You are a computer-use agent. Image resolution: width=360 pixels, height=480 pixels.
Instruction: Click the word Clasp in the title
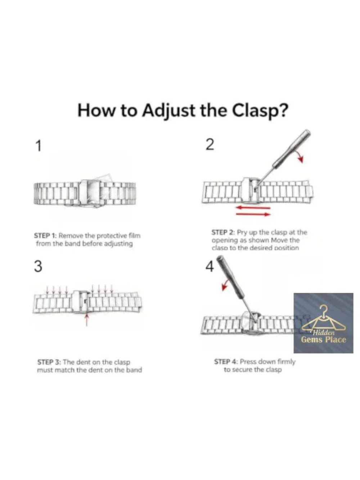click(x=259, y=111)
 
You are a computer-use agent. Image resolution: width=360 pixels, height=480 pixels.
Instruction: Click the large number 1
click(x=39, y=146)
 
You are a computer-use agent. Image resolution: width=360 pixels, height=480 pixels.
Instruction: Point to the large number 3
click(x=38, y=266)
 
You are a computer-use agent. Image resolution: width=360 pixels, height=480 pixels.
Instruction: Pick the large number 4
click(x=210, y=266)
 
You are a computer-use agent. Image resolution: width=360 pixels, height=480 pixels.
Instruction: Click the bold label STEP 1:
click(x=45, y=236)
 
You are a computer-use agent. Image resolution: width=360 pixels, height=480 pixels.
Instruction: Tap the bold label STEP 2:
click(x=223, y=232)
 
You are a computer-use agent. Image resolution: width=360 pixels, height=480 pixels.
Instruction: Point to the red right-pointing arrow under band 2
click(x=253, y=214)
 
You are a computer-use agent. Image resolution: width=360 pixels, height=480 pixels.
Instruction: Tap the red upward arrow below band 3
click(x=87, y=320)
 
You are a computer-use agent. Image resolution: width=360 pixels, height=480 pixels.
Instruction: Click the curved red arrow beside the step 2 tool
click(x=300, y=156)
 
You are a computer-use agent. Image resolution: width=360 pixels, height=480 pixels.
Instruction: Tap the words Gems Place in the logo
click(x=324, y=340)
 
